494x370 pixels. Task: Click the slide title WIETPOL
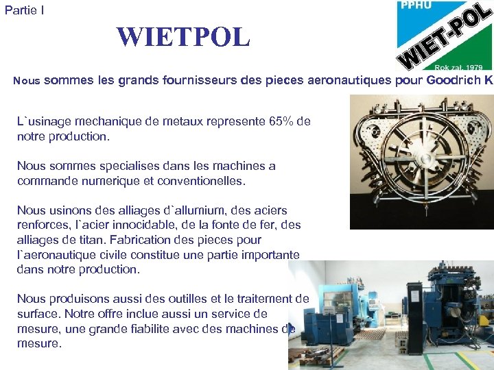tap(183, 37)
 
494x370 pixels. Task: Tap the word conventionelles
tap(196, 181)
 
